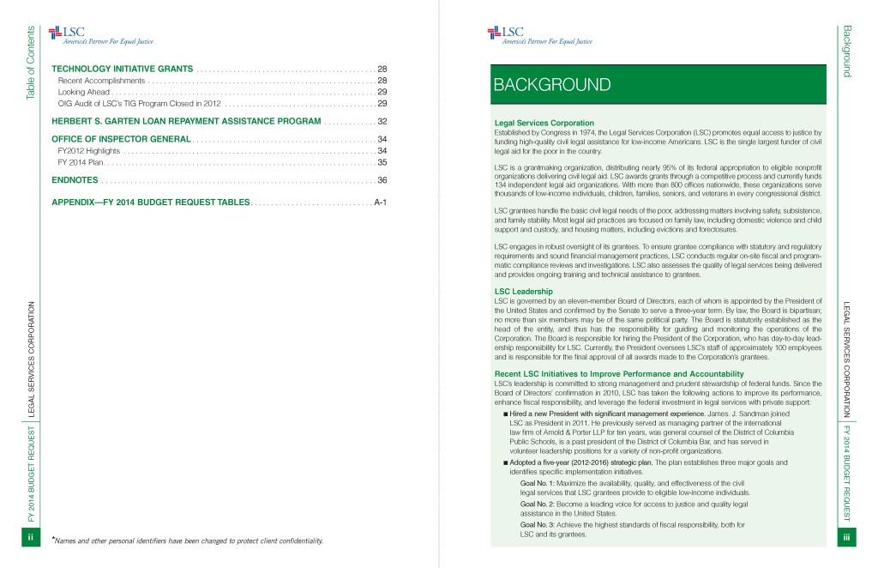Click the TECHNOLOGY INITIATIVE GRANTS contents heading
123,68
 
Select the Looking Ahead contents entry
83,91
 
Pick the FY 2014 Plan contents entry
81,161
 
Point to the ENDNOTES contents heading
74,180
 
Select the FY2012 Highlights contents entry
88,150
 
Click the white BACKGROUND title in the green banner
551,85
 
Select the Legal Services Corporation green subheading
544,123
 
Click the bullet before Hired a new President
506,414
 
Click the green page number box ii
31,537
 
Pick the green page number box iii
846,537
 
